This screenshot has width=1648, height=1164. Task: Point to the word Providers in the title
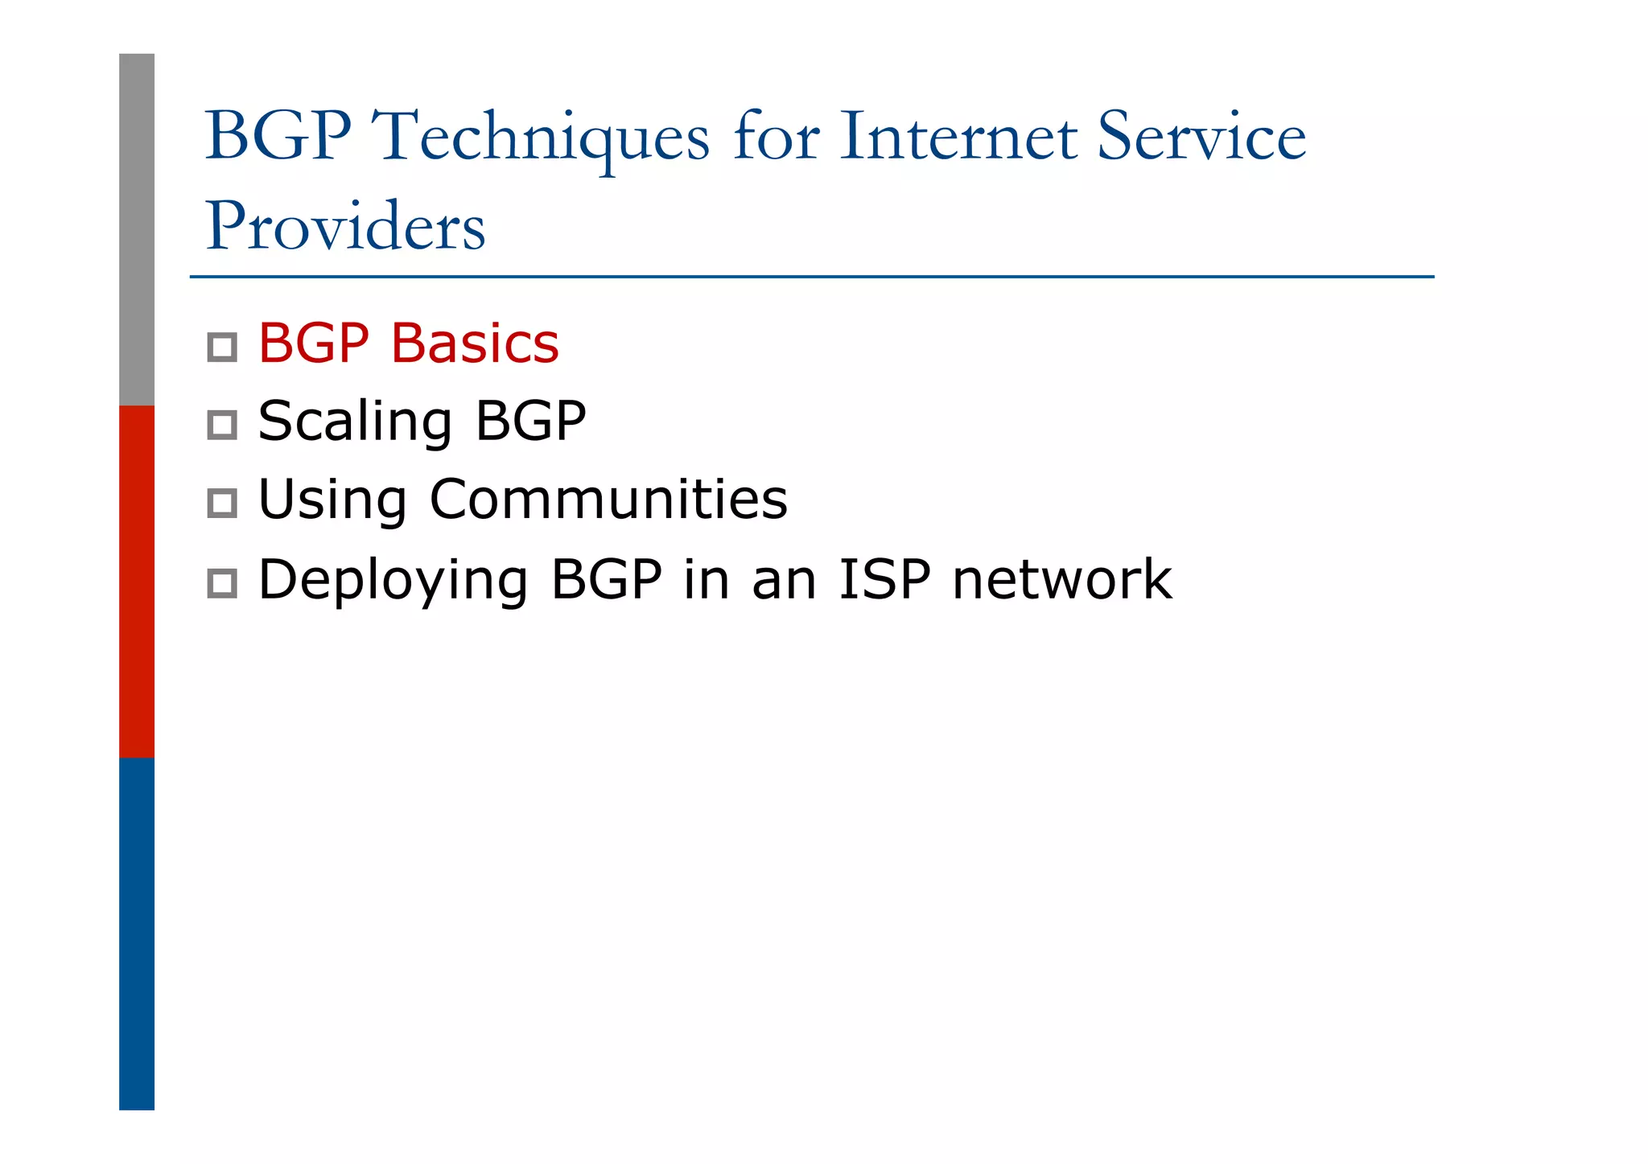pyautogui.click(x=345, y=226)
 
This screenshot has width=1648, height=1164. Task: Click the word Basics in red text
pyautogui.click(x=474, y=343)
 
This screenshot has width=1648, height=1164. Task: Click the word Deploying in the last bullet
pyautogui.click(x=393, y=580)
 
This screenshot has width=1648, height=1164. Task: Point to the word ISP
pyautogui.click(x=884, y=578)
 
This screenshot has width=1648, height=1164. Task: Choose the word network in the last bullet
pyautogui.click(x=1061, y=578)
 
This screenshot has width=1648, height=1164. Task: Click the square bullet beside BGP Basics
pyautogui.click(x=222, y=348)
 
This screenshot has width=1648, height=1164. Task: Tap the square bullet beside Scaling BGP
pyautogui.click(x=222, y=425)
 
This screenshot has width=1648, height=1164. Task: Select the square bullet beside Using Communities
pyautogui.click(x=222, y=504)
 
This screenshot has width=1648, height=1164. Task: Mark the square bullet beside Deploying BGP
pyautogui.click(x=222, y=583)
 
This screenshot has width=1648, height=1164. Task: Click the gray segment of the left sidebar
pyautogui.click(x=137, y=229)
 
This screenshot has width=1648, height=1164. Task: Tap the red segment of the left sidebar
pyautogui.click(x=137, y=581)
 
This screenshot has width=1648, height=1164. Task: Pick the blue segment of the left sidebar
pyautogui.click(x=137, y=933)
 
